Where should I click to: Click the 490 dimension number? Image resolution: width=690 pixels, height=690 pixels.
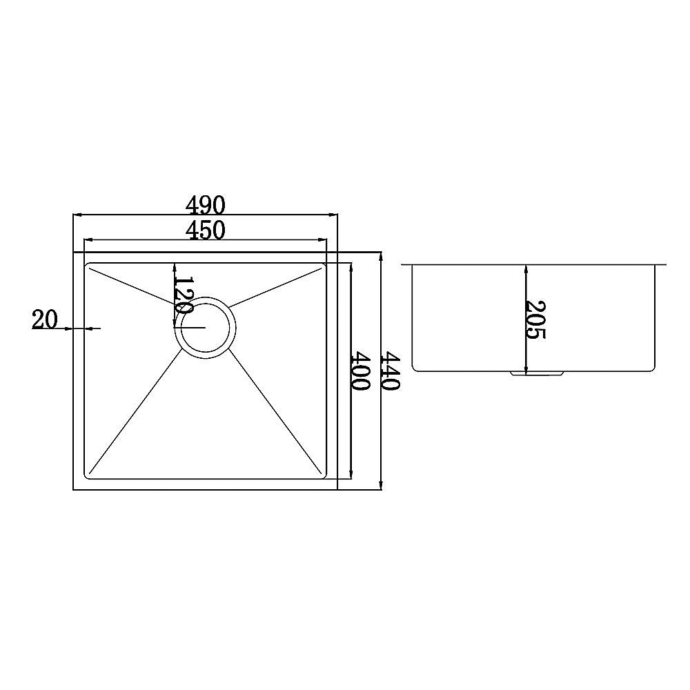(x=206, y=205)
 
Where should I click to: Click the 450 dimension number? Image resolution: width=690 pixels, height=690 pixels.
(x=206, y=230)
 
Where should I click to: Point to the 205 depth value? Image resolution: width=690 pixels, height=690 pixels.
(x=535, y=319)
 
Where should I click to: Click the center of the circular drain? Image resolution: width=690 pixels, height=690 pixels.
(x=205, y=327)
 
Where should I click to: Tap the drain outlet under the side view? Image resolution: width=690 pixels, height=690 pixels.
(x=537, y=373)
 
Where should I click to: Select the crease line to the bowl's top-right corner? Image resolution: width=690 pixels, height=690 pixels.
(x=276, y=285)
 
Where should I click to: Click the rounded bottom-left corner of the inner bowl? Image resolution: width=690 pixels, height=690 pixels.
(x=88, y=475)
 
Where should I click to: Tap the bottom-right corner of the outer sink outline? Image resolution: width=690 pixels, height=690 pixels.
(x=337, y=489)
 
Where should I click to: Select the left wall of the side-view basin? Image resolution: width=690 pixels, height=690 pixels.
(x=412, y=317)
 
